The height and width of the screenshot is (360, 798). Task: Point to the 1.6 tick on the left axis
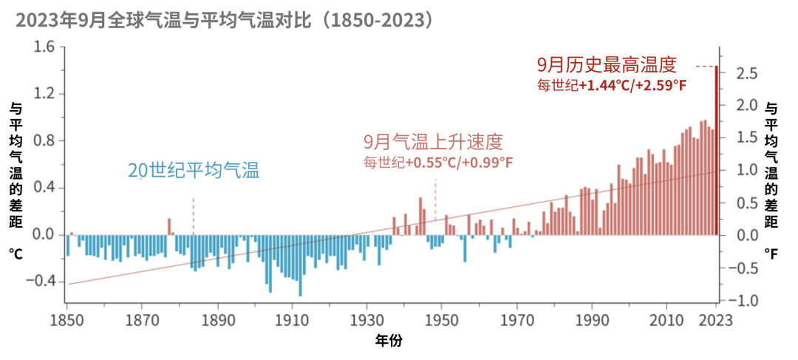[x=45, y=47]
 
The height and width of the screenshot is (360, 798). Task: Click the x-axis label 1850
[x=67, y=320]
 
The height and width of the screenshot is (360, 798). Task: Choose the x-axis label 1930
[x=367, y=320]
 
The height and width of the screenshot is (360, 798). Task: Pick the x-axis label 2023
[x=715, y=320]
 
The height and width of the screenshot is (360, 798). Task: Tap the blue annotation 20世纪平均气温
[x=194, y=171]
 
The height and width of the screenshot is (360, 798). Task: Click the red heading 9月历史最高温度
[x=606, y=64]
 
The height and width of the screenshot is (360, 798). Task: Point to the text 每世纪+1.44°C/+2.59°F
[x=612, y=85]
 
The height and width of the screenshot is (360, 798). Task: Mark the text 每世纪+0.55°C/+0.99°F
[x=437, y=162]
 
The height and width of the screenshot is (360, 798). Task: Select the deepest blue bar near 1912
[x=300, y=265]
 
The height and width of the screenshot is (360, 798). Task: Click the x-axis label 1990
[x=591, y=320]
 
